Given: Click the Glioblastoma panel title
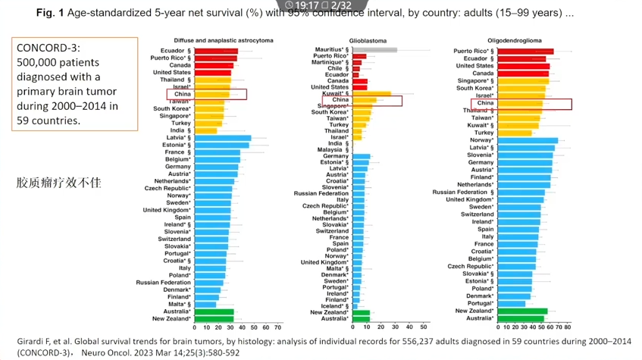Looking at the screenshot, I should pos(366,40).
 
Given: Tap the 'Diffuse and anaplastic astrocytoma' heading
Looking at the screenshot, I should pos(214,40).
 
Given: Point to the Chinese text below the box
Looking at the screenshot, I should pos(59,183).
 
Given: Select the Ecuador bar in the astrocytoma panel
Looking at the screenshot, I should pos(216,51).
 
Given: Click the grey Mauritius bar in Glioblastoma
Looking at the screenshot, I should pos(374,49).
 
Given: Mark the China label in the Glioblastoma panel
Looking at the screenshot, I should pos(340,100).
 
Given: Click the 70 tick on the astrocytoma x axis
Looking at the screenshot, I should pos(277,327).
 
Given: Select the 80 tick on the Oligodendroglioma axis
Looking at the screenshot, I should pos(567,327).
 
